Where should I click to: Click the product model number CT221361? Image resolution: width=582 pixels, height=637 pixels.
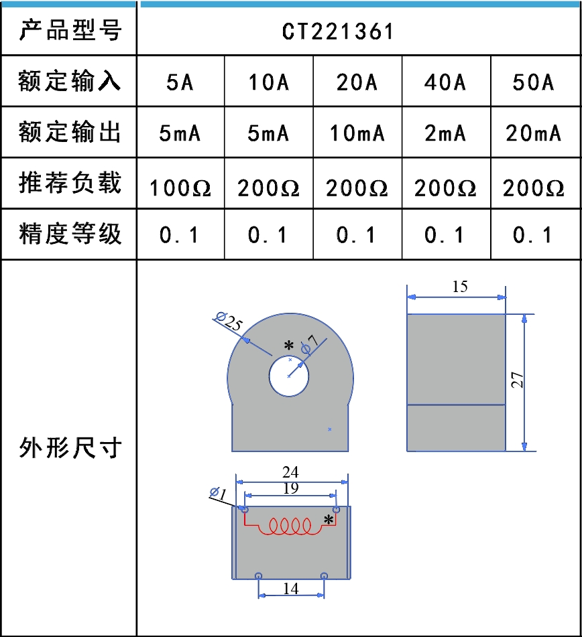(338, 31)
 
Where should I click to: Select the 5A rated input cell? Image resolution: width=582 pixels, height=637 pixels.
(180, 82)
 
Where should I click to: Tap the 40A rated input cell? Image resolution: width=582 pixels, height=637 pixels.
(445, 82)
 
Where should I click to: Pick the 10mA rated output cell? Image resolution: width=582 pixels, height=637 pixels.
(357, 133)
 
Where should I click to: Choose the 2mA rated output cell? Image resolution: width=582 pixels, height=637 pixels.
(445, 133)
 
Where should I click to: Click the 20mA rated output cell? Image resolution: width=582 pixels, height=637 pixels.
(534, 133)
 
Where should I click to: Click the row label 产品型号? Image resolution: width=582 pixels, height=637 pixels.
(70, 31)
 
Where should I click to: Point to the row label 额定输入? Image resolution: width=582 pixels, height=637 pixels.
(70, 82)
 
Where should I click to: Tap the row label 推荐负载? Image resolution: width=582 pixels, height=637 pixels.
(70, 183)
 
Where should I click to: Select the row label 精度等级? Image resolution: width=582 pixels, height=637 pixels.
(70, 234)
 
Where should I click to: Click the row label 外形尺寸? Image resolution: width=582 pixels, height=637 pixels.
(70, 447)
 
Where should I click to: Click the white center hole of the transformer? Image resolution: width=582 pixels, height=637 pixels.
(288, 376)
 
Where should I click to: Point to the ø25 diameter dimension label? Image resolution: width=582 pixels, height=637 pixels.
(229, 321)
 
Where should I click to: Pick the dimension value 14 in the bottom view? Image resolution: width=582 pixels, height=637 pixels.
(290, 589)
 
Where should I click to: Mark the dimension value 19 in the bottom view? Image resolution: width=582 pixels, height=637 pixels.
(290, 489)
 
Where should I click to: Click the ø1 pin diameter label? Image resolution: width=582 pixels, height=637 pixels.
(219, 494)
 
